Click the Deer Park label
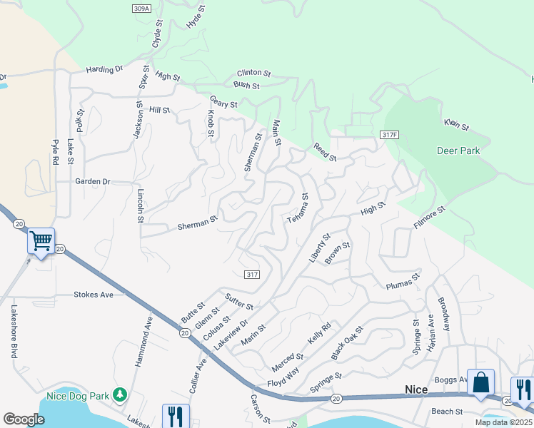click(458, 151)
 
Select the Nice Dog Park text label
click(76, 395)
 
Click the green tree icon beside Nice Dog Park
click(120, 394)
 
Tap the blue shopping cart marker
click(41, 242)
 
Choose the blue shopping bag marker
click(480, 382)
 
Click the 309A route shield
click(141, 8)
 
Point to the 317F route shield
click(388, 135)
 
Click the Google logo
click(24, 419)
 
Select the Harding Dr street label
click(104, 70)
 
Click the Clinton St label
click(253, 73)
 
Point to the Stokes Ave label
click(94, 294)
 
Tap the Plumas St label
click(400, 286)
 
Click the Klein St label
click(455, 126)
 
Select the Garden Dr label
click(93, 181)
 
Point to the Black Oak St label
click(347, 343)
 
